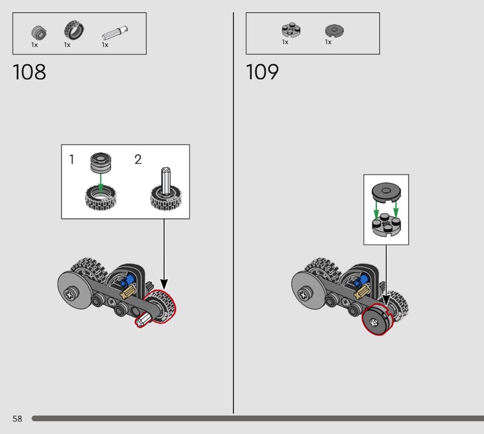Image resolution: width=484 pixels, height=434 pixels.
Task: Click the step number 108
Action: (x=29, y=72)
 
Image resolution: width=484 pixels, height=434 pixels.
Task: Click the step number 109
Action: (x=263, y=72)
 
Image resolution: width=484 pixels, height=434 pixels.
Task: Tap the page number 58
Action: (x=18, y=418)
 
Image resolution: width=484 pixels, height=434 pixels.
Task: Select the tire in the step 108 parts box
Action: (x=74, y=30)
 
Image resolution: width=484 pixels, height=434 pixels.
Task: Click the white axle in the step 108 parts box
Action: (x=114, y=33)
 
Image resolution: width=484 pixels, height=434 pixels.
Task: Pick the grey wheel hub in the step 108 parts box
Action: (x=39, y=33)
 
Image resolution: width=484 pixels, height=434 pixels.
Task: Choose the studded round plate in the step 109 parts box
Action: (x=291, y=30)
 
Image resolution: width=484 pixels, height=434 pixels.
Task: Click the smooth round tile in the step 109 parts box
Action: (x=335, y=31)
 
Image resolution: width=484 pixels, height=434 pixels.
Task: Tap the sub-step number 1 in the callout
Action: (x=71, y=160)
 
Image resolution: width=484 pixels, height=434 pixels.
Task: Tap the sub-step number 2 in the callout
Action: (x=138, y=160)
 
